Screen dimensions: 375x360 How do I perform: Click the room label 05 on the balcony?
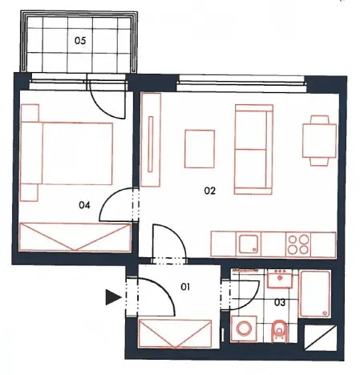click(80, 38)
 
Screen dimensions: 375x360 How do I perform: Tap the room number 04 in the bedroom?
click(84, 205)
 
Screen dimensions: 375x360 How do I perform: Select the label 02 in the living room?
click(211, 192)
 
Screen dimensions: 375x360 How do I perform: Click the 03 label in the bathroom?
click(280, 301)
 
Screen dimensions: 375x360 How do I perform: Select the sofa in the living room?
click(253, 149)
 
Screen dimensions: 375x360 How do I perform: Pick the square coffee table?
click(200, 149)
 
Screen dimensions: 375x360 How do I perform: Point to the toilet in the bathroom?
click(279, 329)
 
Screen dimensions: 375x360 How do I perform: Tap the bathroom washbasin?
click(280, 278)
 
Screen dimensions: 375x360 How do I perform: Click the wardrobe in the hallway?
click(176, 331)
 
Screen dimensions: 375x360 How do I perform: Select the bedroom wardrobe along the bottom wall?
click(75, 237)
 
